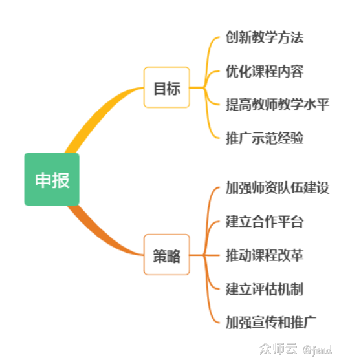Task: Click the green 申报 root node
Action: pos(52,180)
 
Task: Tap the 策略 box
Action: pos(166,255)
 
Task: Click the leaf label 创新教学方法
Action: pos(264,37)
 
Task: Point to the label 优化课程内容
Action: pos(264,70)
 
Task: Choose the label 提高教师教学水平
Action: pos(278,104)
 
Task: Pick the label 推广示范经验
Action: pos(264,138)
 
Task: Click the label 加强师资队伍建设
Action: pos(278,188)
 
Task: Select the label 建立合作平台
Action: pos(264,222)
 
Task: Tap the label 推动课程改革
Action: pos(264,255)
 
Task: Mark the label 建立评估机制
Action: pos(264,289)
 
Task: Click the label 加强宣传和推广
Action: pos(270,322)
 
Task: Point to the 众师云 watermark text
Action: pos(278,350)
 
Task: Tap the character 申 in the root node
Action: pos(43,180)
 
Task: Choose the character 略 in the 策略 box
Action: pos(173,255)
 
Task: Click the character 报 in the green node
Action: pos(61,180)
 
